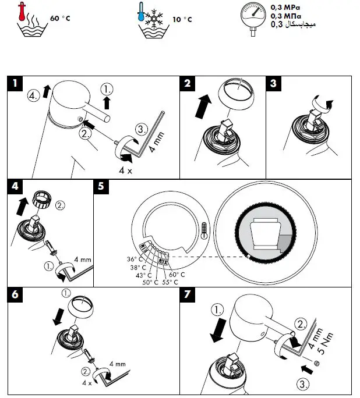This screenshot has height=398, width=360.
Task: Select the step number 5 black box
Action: tap(101, 187)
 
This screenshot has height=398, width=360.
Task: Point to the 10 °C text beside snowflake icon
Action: tap(182, 19)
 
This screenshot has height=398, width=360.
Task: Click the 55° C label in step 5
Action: tap(170, 282)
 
